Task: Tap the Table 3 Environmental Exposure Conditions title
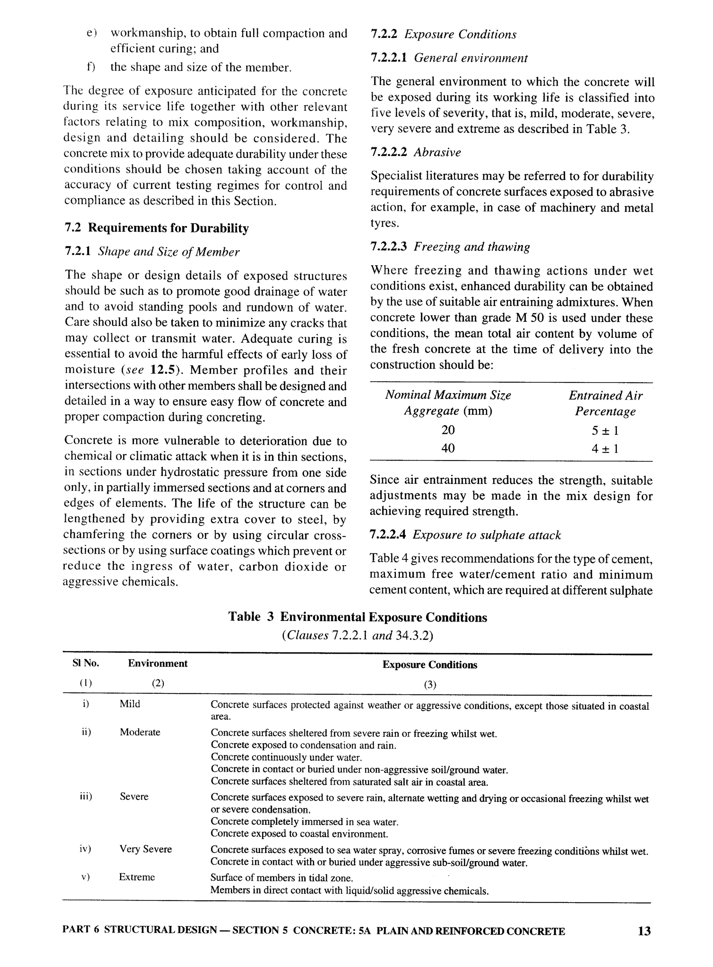(357, 617)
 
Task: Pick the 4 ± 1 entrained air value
(605, 449)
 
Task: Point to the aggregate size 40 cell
(448, 448)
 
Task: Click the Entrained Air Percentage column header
(605, 403)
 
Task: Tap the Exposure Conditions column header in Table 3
(430, 665)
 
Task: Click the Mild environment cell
(130, 704)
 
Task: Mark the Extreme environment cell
(137, 877)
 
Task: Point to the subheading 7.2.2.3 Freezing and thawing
(450, 247)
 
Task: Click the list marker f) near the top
(91, 67)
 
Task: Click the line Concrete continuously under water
(286, 758)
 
